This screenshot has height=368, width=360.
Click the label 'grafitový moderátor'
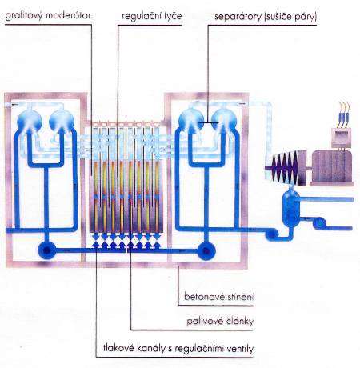[x=48, y=16]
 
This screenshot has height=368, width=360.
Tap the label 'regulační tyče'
[x=152, y=16]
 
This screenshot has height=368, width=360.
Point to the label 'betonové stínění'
[x=218, y=297]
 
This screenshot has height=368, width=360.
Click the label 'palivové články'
[x=220, y=322]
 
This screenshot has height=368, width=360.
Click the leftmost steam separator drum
[x=30, y=122]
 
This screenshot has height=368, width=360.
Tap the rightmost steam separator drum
[x=224, y=121]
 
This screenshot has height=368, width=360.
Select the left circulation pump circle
[x=47, y=250]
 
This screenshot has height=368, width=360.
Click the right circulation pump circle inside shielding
[x=206, y=250]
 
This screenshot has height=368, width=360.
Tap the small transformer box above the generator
[x=341, y=138]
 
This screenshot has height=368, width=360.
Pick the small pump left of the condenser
[x=271, y=234]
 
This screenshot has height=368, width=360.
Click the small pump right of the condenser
[x=319, y=223]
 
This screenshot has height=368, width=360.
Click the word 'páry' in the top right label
[x=306, y=18]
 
